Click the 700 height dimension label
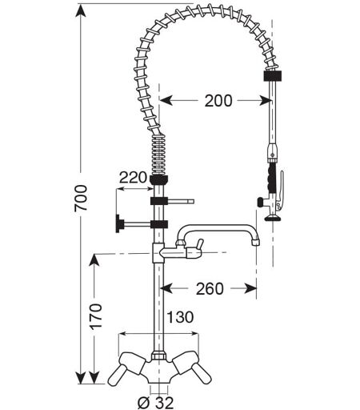(81, 199)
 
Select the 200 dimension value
(218, 101)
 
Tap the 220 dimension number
(133, 178)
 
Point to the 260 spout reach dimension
(210, 288)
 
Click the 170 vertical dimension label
(96, 316)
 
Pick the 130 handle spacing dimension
(180, 317)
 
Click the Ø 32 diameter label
(155, 402)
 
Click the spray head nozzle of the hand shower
(272, 218)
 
